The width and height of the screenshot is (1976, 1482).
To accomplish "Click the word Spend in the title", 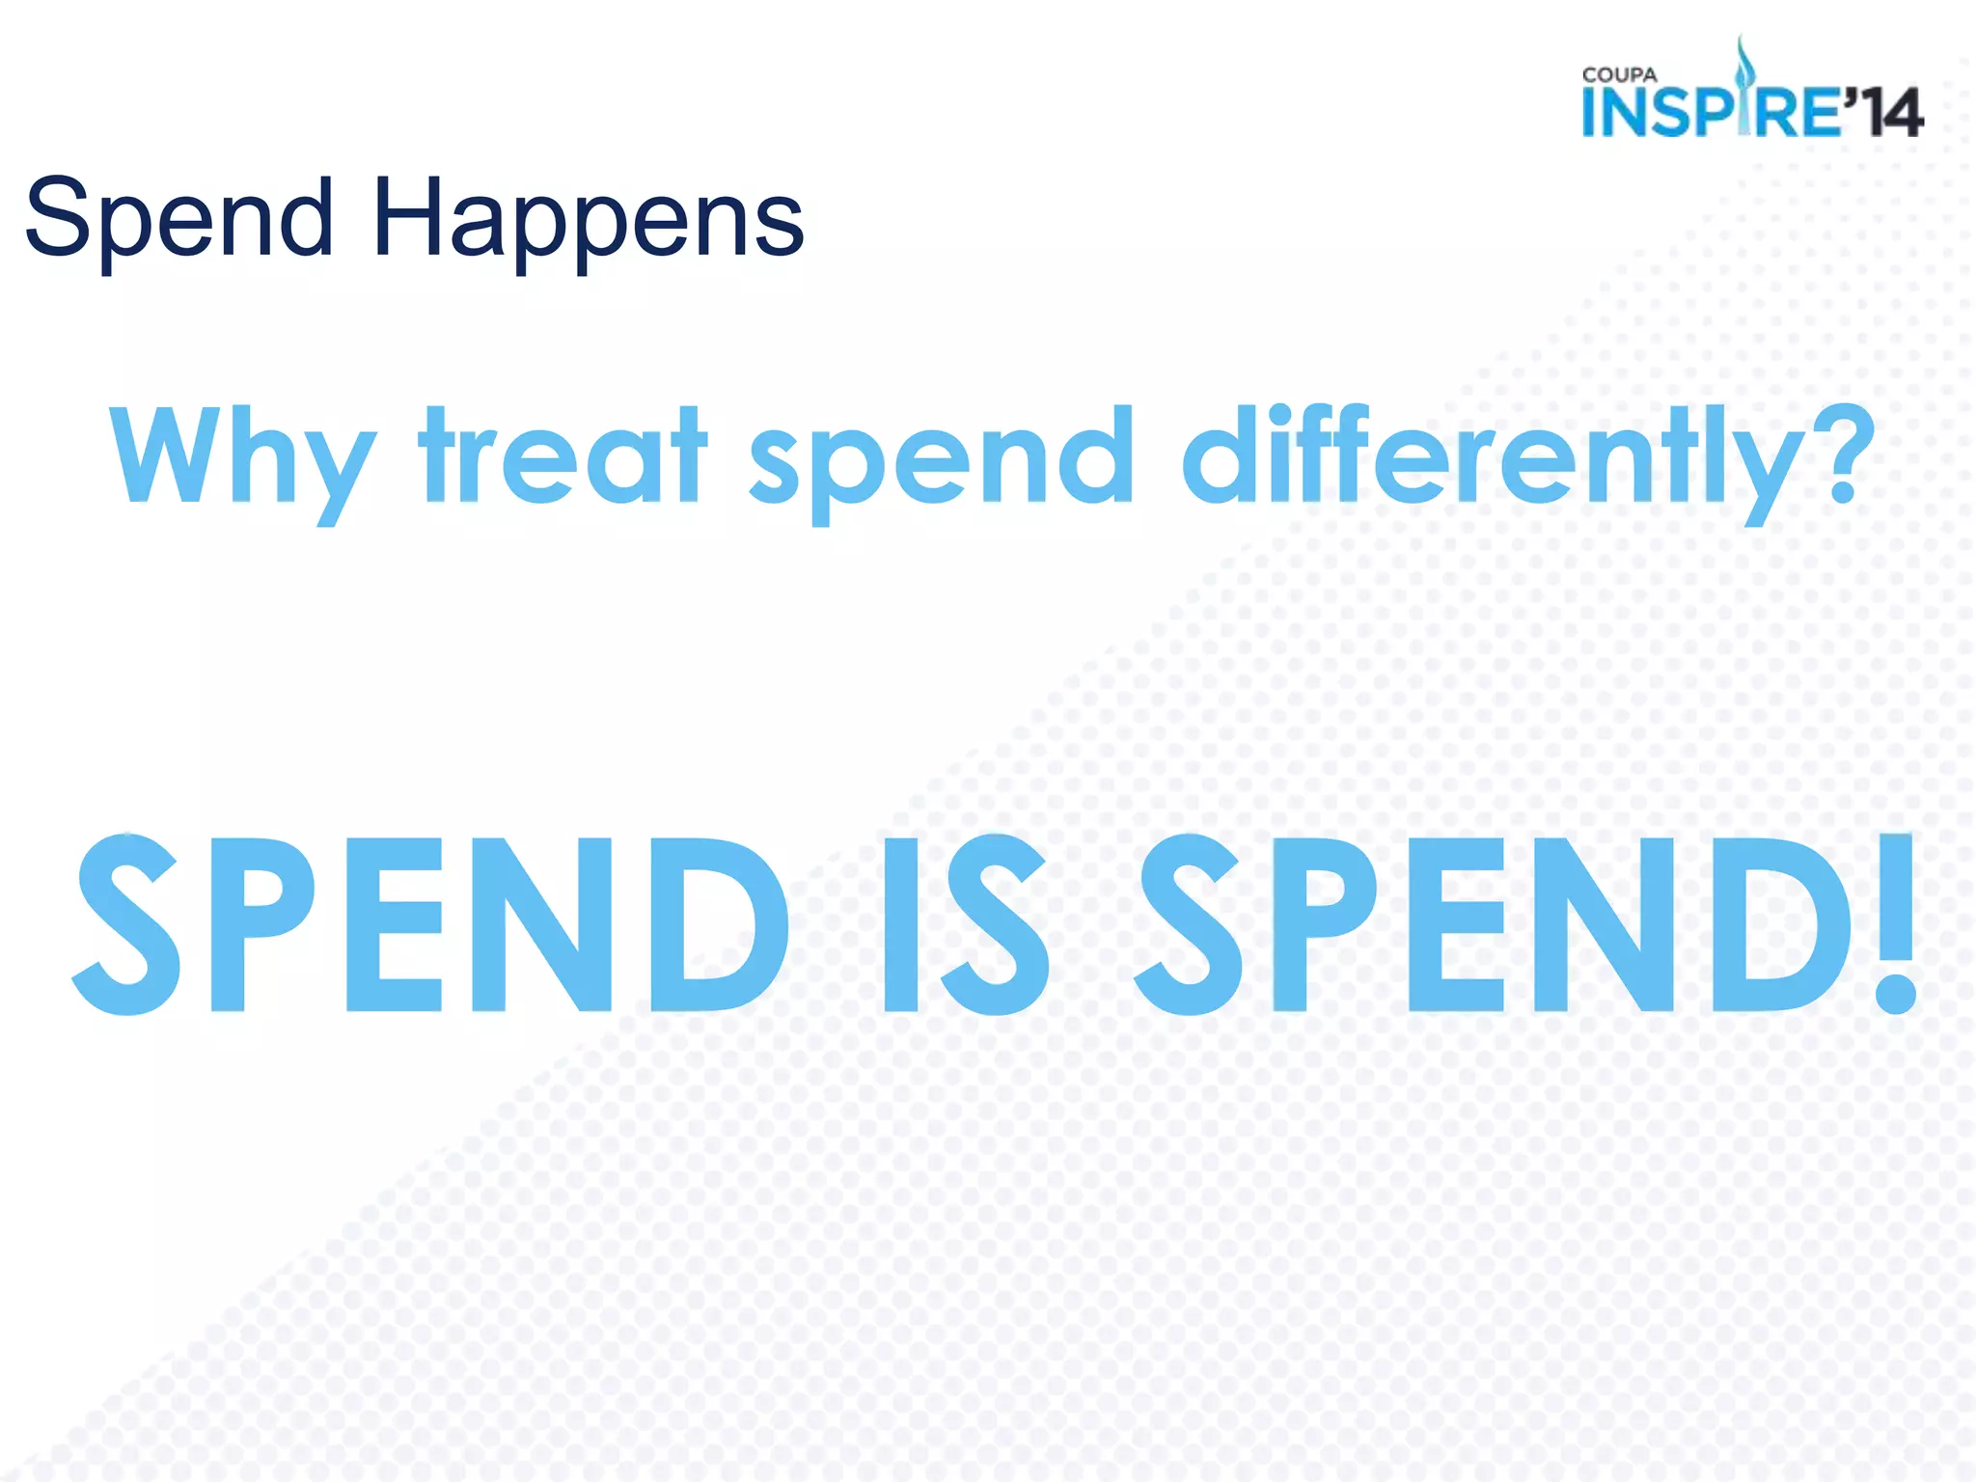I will (179, 220).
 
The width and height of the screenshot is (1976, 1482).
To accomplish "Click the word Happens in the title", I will (588, 220).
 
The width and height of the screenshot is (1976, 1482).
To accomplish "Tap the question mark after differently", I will (1844, 453).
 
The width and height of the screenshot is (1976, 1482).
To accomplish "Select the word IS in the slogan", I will (964, 923).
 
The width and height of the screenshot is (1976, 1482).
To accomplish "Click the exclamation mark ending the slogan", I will (1895, 923).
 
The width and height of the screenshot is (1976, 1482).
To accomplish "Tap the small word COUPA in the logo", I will (1619, 75).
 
